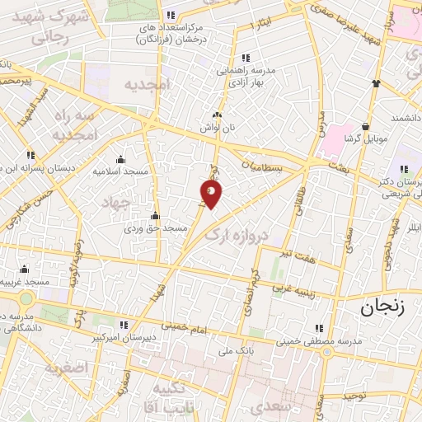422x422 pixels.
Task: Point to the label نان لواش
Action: tap(217, 128)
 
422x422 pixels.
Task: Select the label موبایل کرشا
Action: tap(368, 138)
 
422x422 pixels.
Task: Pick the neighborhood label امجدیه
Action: tap(146, 84)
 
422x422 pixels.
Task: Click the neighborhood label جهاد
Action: tap(115, 202)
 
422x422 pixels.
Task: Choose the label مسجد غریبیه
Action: tap(25, 282)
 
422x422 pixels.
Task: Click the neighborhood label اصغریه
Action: tap(65, 368)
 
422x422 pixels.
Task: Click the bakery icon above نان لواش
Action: tap(217, 115)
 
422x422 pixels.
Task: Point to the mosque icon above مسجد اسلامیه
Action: tap(120, 159)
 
